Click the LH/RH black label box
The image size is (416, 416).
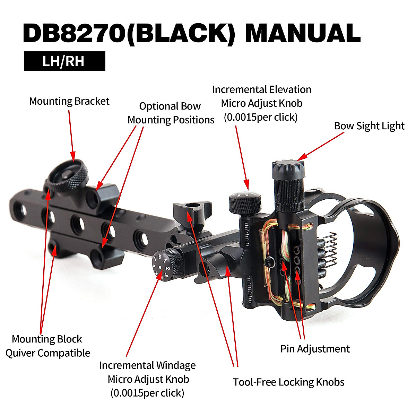64,61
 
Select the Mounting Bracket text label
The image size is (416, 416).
69,101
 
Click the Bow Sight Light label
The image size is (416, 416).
369,126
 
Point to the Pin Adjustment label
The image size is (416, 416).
315,349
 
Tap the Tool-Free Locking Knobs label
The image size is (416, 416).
288,382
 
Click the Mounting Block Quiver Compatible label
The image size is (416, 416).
47,346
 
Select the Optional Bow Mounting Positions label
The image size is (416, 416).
171,113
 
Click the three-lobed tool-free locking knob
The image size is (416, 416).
191,209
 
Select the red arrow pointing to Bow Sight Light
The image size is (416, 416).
321,146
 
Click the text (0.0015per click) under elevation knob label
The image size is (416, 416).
261,117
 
